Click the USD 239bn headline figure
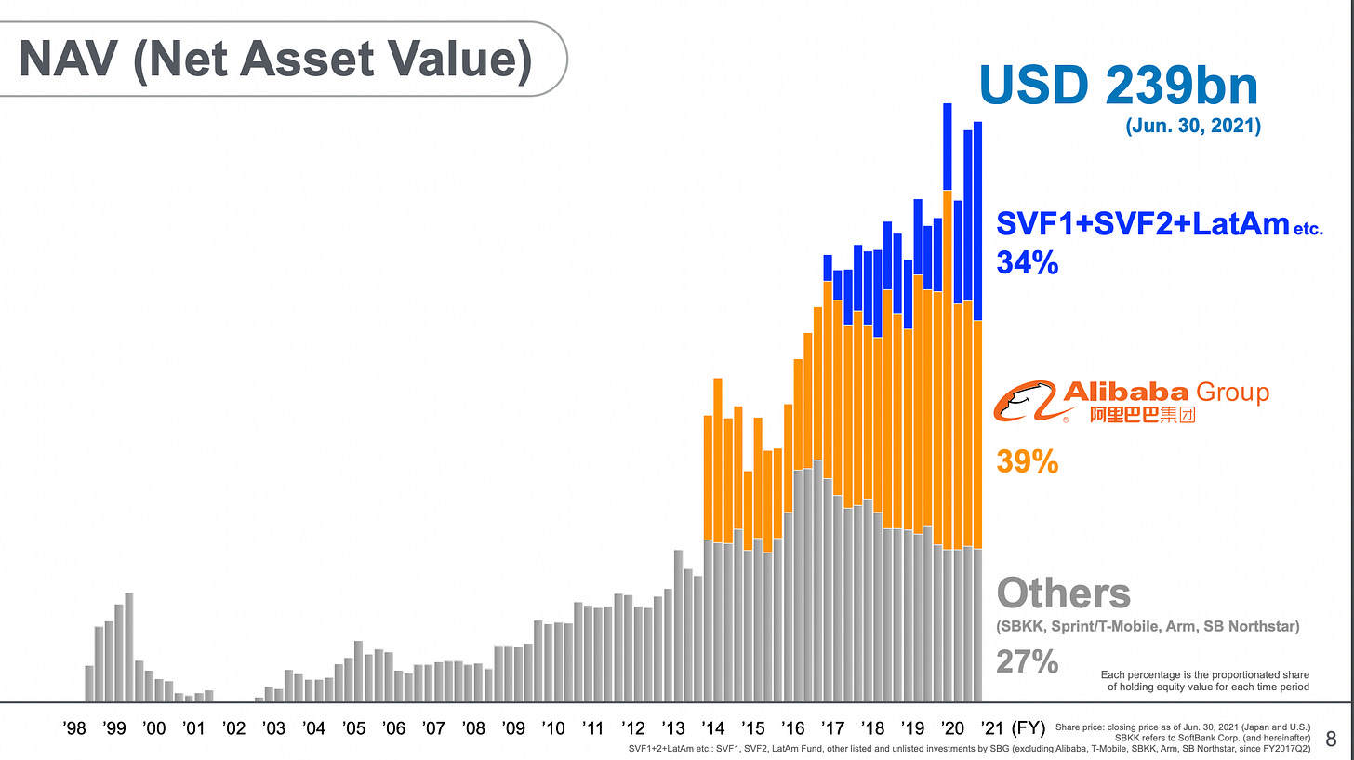(1118, 86)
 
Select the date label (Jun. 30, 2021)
(1193, 126)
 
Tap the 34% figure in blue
(1027, 263)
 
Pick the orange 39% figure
(1027, 462)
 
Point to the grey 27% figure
(1027, 661)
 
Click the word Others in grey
(1063, 593)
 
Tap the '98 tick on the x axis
(74, 728)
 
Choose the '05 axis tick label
(353, 728)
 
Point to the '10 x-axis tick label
(553, 728)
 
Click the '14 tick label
(712, 728)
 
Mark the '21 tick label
(992, 728)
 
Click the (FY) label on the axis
(1029, 728)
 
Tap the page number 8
(1331, 739)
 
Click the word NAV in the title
(68, 59)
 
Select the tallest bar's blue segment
(948, 147)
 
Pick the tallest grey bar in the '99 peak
(128, 647)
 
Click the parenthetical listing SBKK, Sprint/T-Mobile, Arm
(1148, 626)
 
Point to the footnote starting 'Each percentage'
(1204, 681)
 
